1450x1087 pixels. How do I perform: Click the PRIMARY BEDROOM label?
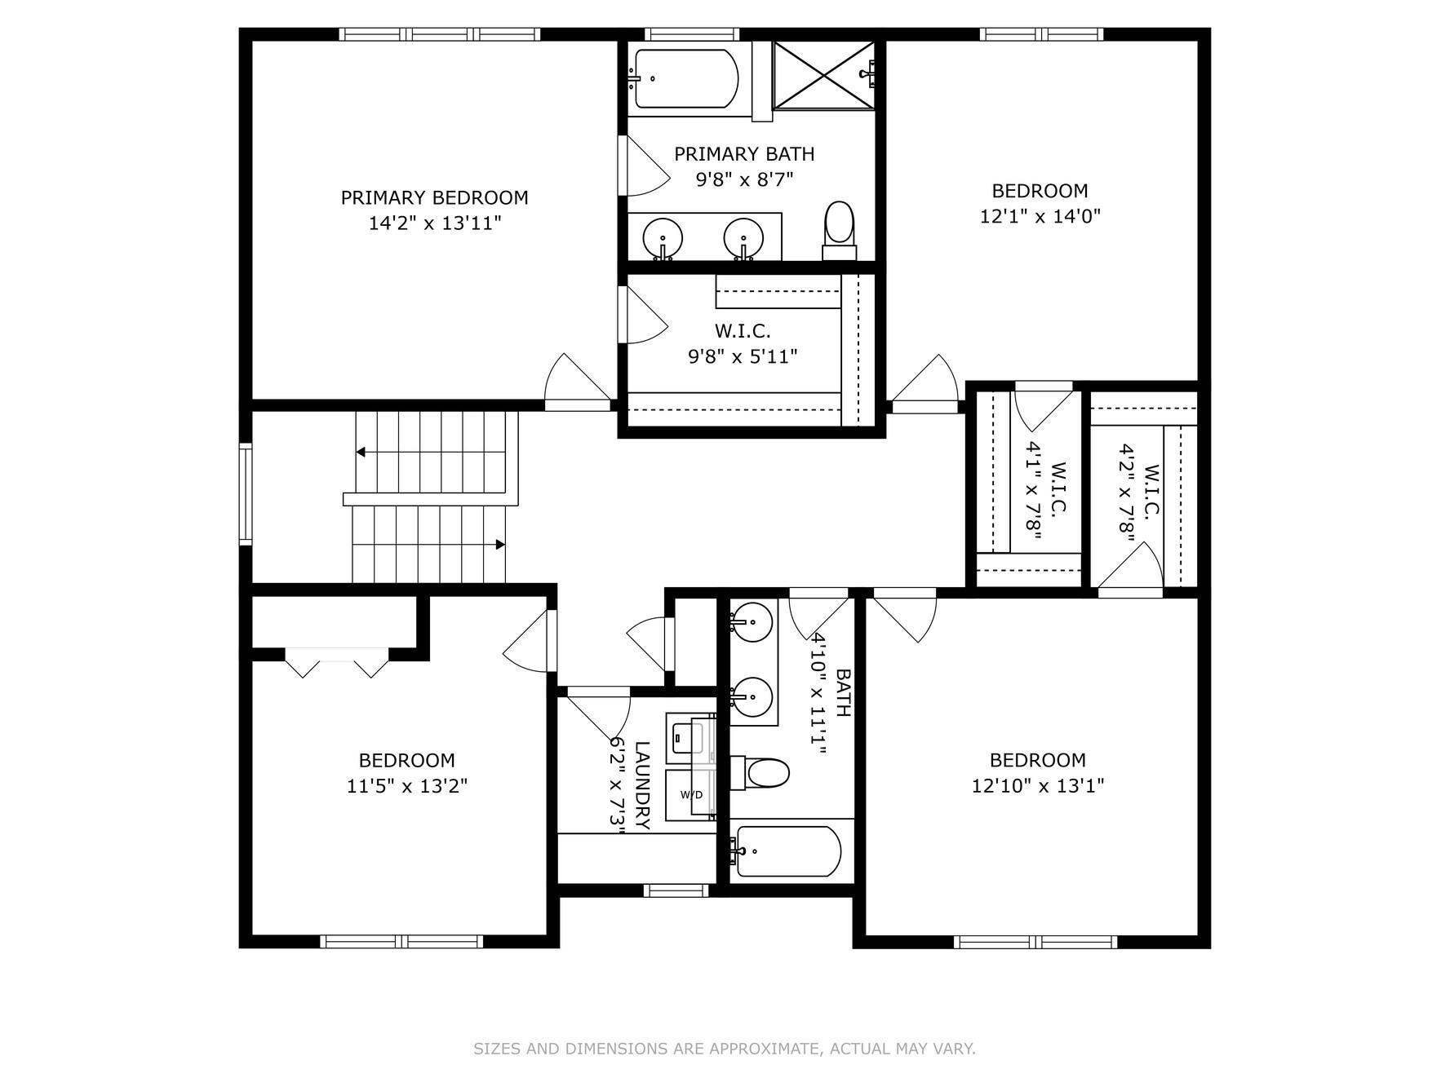(434, 197)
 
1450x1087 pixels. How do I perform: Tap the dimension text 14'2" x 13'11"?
(434, 223)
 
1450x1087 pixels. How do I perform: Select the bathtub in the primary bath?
(685, 78)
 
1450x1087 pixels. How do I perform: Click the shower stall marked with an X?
(823, 74)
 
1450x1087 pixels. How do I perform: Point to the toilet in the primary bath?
(839, 230)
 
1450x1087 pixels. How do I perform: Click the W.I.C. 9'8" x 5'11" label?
(743, 343)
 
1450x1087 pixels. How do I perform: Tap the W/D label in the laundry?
(691, 794)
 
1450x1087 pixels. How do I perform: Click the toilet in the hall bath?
(760, 772)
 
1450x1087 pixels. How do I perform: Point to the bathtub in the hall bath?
(788, 851)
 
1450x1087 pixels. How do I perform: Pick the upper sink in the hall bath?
(751, 622)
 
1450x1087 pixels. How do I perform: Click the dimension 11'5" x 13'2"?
(407, 786)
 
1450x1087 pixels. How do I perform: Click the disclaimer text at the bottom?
(725, 1049)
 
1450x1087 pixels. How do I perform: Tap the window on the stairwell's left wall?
(246, 493)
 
